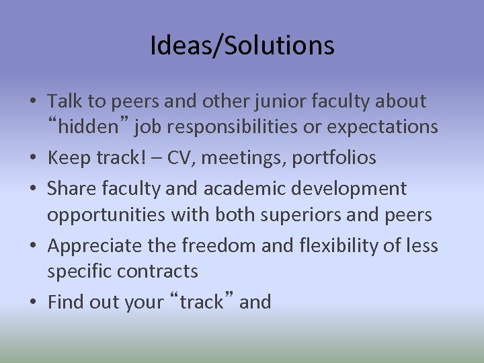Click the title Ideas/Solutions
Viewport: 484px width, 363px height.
242,46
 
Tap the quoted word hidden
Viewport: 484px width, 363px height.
84,126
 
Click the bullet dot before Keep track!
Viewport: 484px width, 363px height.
32,159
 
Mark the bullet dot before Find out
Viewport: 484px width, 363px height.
32,303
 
